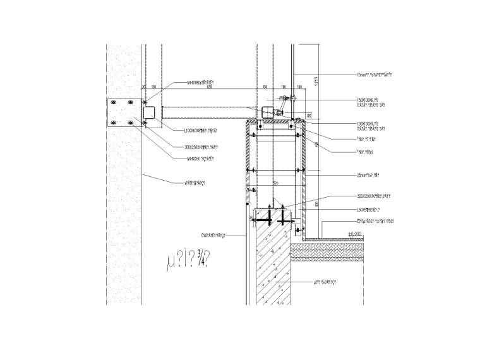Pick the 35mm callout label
point(368,174)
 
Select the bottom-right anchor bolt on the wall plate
point(131,123)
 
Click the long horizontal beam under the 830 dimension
point(208,113)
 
